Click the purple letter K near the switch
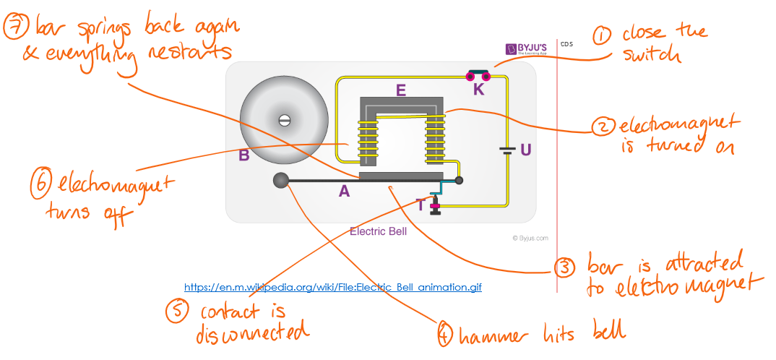click(x=479, y=90)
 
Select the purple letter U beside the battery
click(x=525, y=150)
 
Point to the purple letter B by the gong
click(x=244, y=154)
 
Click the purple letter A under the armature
click(x=345, y=191)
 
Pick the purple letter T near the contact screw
click(x=421, y=205)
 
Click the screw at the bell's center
click(x=284, y=119)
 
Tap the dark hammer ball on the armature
click(x=280, y=181)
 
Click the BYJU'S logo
click(x=527, y=49)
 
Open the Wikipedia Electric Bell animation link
click(x=333, y=287)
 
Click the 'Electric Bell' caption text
click(x=378, y=232)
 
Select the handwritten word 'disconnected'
click(x=252, y=333)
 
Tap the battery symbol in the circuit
click(x=508, y=152)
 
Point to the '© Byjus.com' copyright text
click(x=530, y=238)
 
